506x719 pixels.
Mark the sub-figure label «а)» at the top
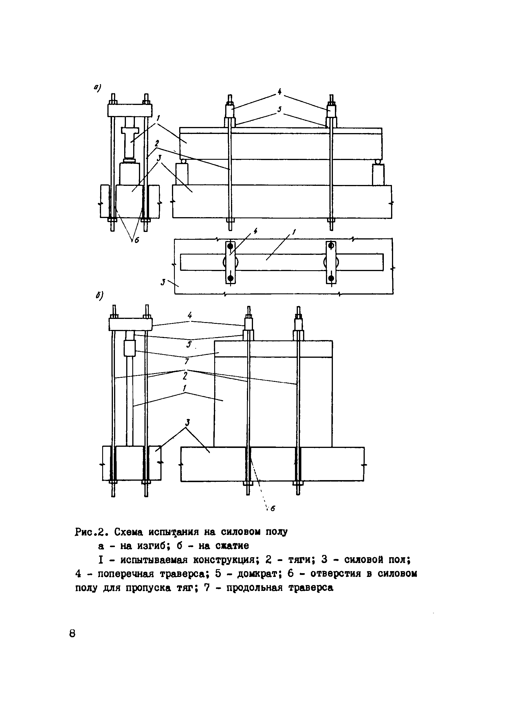(97, 88)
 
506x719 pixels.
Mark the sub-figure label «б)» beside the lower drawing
(100, 296)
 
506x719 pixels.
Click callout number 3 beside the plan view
(163, 282)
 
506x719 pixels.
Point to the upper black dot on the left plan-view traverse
(230, 246)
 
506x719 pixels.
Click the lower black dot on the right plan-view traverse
(331, 278)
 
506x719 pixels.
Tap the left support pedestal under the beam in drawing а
(182, 175)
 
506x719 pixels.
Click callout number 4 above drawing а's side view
(279, 91)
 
